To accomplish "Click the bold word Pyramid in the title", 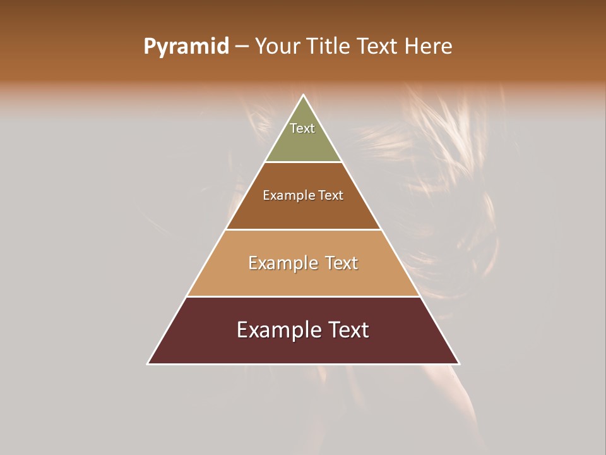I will [186, 47].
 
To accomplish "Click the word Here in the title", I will [429, 47].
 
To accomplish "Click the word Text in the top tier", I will [302, 128].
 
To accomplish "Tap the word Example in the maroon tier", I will [278, 330].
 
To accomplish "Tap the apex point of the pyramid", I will [304, 95].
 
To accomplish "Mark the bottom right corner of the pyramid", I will [459, 363].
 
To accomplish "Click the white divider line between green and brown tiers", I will [304, 162].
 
